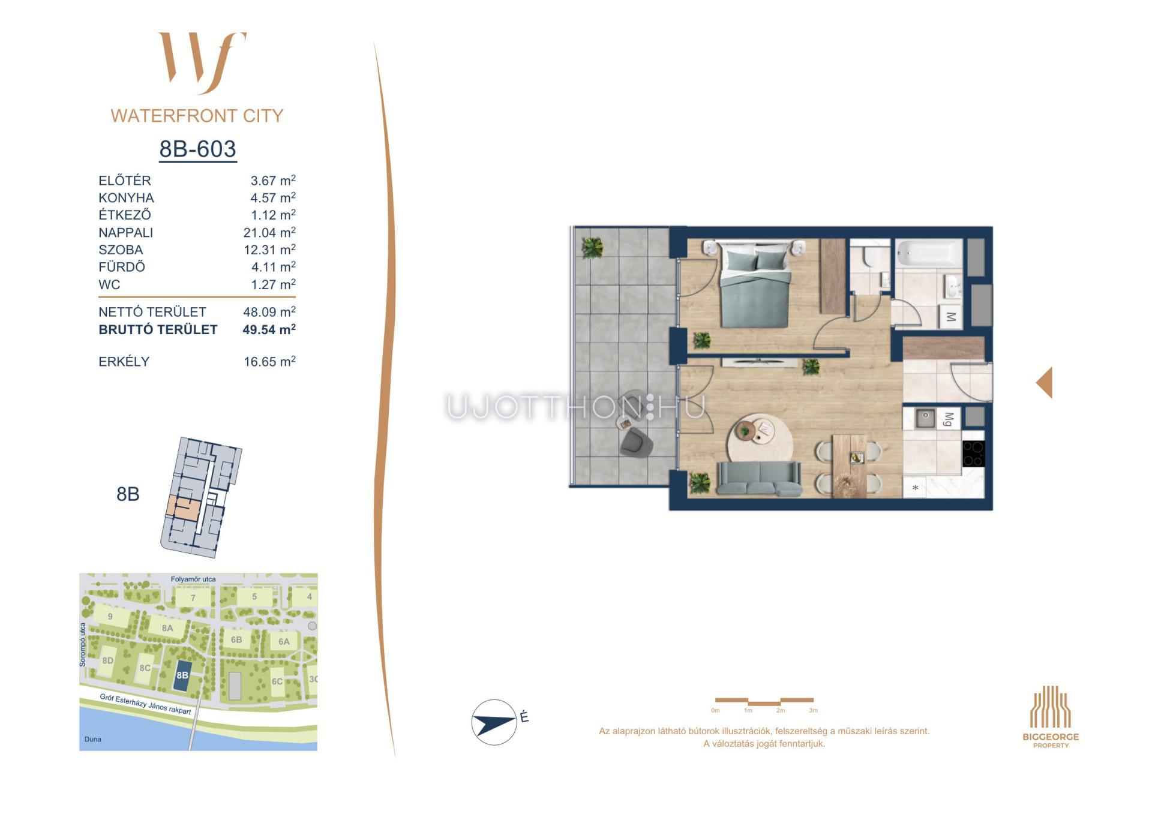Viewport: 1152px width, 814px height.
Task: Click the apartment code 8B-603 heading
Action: click(x=197, y=149)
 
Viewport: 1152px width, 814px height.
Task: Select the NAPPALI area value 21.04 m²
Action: click(x=269, y=232)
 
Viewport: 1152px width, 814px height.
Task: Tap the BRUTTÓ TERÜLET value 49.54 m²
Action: click(x=269, y=329)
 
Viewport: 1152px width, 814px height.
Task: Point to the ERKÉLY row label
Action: click(x=124, y=362)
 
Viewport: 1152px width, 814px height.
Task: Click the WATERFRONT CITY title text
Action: click(x=197, y=116)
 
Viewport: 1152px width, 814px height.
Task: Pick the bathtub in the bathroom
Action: click(x=929, y=253)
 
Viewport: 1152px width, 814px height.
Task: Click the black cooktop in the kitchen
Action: click(x=973, y=453)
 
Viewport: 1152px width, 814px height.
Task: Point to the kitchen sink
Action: click(x=925, y=417)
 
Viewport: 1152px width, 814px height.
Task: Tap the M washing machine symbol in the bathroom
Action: click(x=950, y=316)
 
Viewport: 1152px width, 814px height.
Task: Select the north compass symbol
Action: click(x=494, y=722)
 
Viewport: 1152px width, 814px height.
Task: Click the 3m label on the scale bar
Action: click(x=813, y=710)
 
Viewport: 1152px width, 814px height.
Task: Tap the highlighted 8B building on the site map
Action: click(x=182, y=675)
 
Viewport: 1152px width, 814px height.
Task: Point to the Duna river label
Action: click(x=93, y=739)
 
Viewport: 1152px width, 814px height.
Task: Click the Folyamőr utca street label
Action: click(x=193, y=579)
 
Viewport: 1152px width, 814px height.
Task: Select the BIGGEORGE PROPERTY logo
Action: click(x=1051, y=717)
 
